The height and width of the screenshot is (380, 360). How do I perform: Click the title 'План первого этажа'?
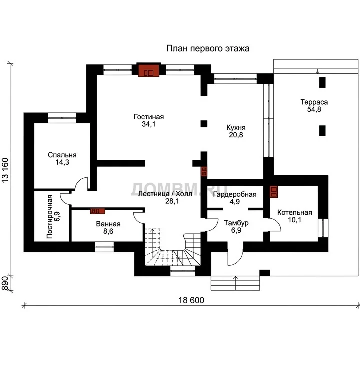(x=208, y=48)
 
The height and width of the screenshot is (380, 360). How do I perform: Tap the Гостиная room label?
(x=149, y=117)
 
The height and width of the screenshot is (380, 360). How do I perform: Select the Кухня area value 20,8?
(x=236, y=135)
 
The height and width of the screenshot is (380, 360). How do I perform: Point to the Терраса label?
(x=314, y=102)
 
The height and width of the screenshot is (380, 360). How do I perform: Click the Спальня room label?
(x=62, y=155)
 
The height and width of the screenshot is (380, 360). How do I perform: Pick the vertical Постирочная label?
(x=49, y=217)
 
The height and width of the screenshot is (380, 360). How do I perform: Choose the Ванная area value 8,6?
(x=108, y=231)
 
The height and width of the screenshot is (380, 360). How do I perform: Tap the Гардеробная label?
(x=235, y=194)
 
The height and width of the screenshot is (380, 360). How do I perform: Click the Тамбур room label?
(x=236, y=223)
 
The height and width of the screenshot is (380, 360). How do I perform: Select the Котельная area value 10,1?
(x=294, y=220)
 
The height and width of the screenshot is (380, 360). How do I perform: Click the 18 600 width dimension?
(x=191, y=300)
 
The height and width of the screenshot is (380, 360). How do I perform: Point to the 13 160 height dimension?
(x=5, y=170)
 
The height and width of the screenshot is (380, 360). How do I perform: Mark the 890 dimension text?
(x=5, y=283)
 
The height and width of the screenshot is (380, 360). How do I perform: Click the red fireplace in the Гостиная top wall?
(x=149, y=71)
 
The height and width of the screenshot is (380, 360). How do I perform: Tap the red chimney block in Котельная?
(x=274, y=192)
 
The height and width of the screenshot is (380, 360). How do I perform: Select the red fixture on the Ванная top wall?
(x=98, y=211)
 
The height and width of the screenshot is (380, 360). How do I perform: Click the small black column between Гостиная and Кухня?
(x=204, y=124)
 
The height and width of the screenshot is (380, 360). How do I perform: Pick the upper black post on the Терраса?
(x=322, y=82)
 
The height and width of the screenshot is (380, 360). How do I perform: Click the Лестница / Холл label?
(x=165, y=194)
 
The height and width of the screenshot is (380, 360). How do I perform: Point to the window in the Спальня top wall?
(x=62, y=118)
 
